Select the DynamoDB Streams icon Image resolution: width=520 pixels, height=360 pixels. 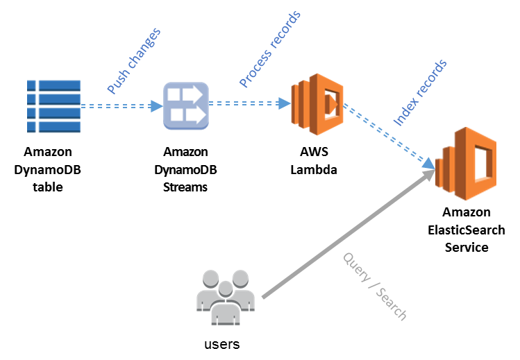click(x=185, y=106)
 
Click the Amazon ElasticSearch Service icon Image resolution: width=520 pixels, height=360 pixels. click(x=465, y=163)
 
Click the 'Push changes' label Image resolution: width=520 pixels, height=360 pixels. click(x=134, y=61)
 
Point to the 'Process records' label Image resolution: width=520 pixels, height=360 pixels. click(x=270, y=49)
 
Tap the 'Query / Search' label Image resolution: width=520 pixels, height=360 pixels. click(x=374, y=285)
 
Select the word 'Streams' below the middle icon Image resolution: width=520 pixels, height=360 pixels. click(x=185, y=186)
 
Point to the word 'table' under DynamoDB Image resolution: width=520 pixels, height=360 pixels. click(x=48, y=186)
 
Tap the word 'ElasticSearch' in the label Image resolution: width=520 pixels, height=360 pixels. click(x=466, y=230)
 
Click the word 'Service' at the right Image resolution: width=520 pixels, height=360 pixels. click(x=466, y=247)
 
